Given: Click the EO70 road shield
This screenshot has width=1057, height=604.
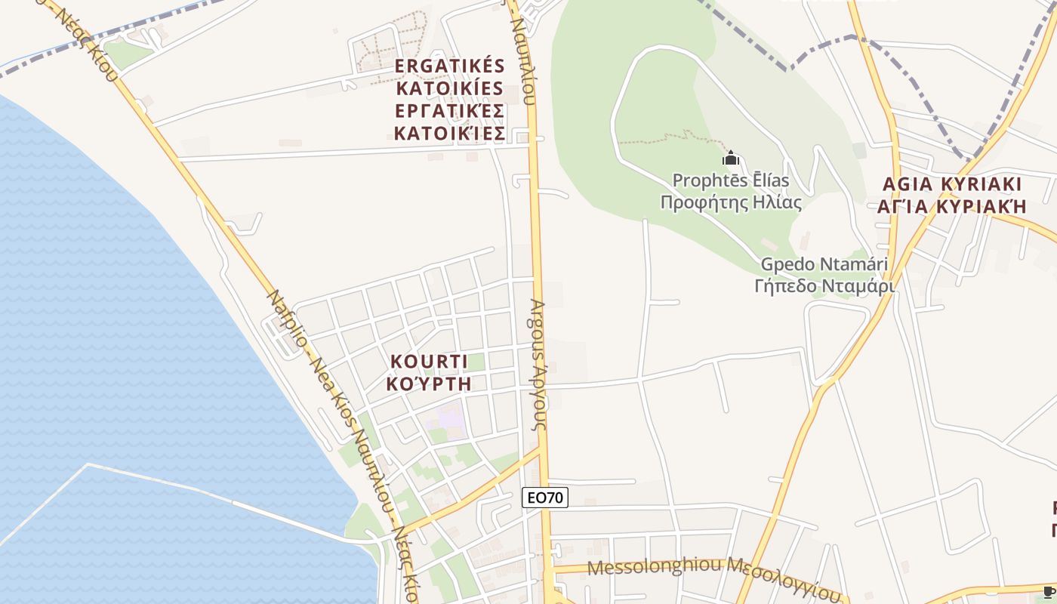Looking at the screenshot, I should [544, 498].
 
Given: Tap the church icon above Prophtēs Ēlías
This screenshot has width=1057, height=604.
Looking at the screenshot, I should [730, 159].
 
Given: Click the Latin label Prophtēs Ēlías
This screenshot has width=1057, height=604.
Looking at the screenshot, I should [730, 180].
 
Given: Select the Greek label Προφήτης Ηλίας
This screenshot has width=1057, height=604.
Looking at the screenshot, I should [730, 202].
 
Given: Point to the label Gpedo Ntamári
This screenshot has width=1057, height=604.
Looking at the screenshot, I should [824, 265].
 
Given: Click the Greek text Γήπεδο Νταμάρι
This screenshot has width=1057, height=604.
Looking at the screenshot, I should [824, 286].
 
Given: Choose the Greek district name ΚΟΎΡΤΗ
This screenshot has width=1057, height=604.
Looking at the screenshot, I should [428, 384].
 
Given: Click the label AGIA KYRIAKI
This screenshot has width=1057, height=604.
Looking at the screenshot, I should [951, 184].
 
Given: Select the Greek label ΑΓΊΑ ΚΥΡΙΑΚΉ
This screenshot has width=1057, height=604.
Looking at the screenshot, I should [951, 206].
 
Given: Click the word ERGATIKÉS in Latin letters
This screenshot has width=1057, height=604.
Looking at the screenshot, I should [449, 66].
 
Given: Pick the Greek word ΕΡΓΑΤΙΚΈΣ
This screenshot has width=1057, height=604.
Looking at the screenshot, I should [449, 111].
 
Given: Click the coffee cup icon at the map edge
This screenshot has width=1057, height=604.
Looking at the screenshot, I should [1049, 591].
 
